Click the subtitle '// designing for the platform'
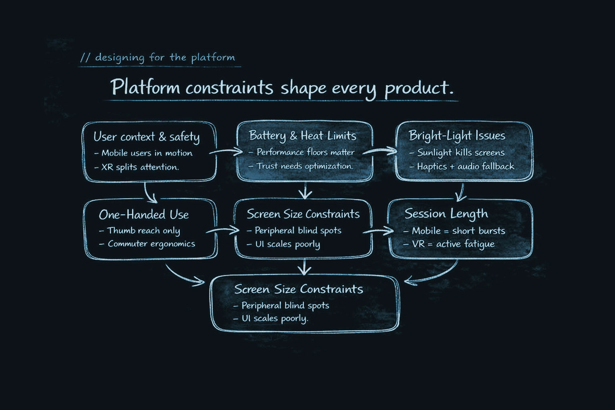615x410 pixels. [158, 58]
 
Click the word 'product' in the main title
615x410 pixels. [418, 88]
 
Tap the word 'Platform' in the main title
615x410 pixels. [145, 87]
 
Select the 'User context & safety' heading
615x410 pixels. [146, 137]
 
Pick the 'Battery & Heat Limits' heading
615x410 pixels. [302, 136]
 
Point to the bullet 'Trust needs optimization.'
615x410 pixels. [304, 166]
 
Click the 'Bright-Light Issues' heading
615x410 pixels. [457, 136]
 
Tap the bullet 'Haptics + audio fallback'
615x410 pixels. [465, 167]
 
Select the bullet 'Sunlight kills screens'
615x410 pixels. [460, 153]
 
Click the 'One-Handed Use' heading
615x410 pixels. [144, 215]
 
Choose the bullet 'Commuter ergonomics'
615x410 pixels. [151, 244]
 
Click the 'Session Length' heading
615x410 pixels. [446, 214]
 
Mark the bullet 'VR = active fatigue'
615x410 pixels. [453, 244]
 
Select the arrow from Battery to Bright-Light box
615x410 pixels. [380, 151]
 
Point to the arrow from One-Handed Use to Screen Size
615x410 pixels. [223, 230]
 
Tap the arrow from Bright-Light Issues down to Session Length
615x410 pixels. [461, 192]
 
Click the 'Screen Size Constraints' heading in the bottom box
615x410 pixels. [298, 289]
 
